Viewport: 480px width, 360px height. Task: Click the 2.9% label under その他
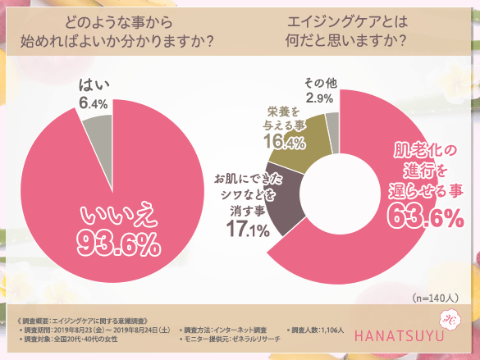[319, 98]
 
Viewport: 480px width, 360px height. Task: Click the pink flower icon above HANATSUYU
[450, 321]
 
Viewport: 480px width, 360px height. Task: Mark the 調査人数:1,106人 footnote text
[311, 329]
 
